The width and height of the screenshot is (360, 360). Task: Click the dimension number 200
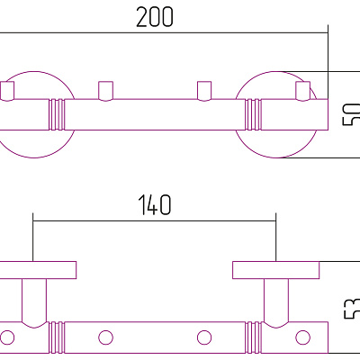[155, 17]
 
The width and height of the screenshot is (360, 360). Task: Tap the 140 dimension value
[155, 205]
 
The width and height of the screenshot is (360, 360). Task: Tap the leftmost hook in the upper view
[10, 90]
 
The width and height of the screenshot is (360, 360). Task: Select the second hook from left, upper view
[106, 90]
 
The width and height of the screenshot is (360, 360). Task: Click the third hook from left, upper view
[204, 90]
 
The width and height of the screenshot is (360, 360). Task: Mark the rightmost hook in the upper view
[302, 90]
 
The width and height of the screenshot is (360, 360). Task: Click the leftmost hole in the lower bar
[10, 337]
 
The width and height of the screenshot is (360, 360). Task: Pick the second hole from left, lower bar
[106, 337]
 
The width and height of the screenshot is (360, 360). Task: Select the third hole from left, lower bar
[204, 337]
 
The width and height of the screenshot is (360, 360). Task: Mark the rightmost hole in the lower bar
[301, 337]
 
